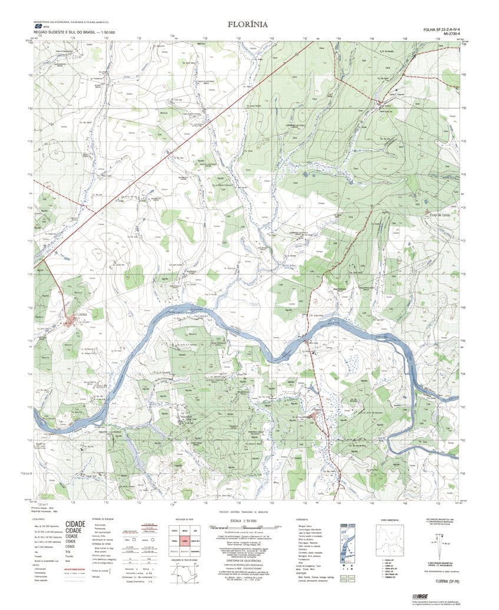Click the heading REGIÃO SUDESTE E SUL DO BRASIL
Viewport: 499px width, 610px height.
click(74, 31)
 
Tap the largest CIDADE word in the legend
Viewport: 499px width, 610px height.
click(75, 523)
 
